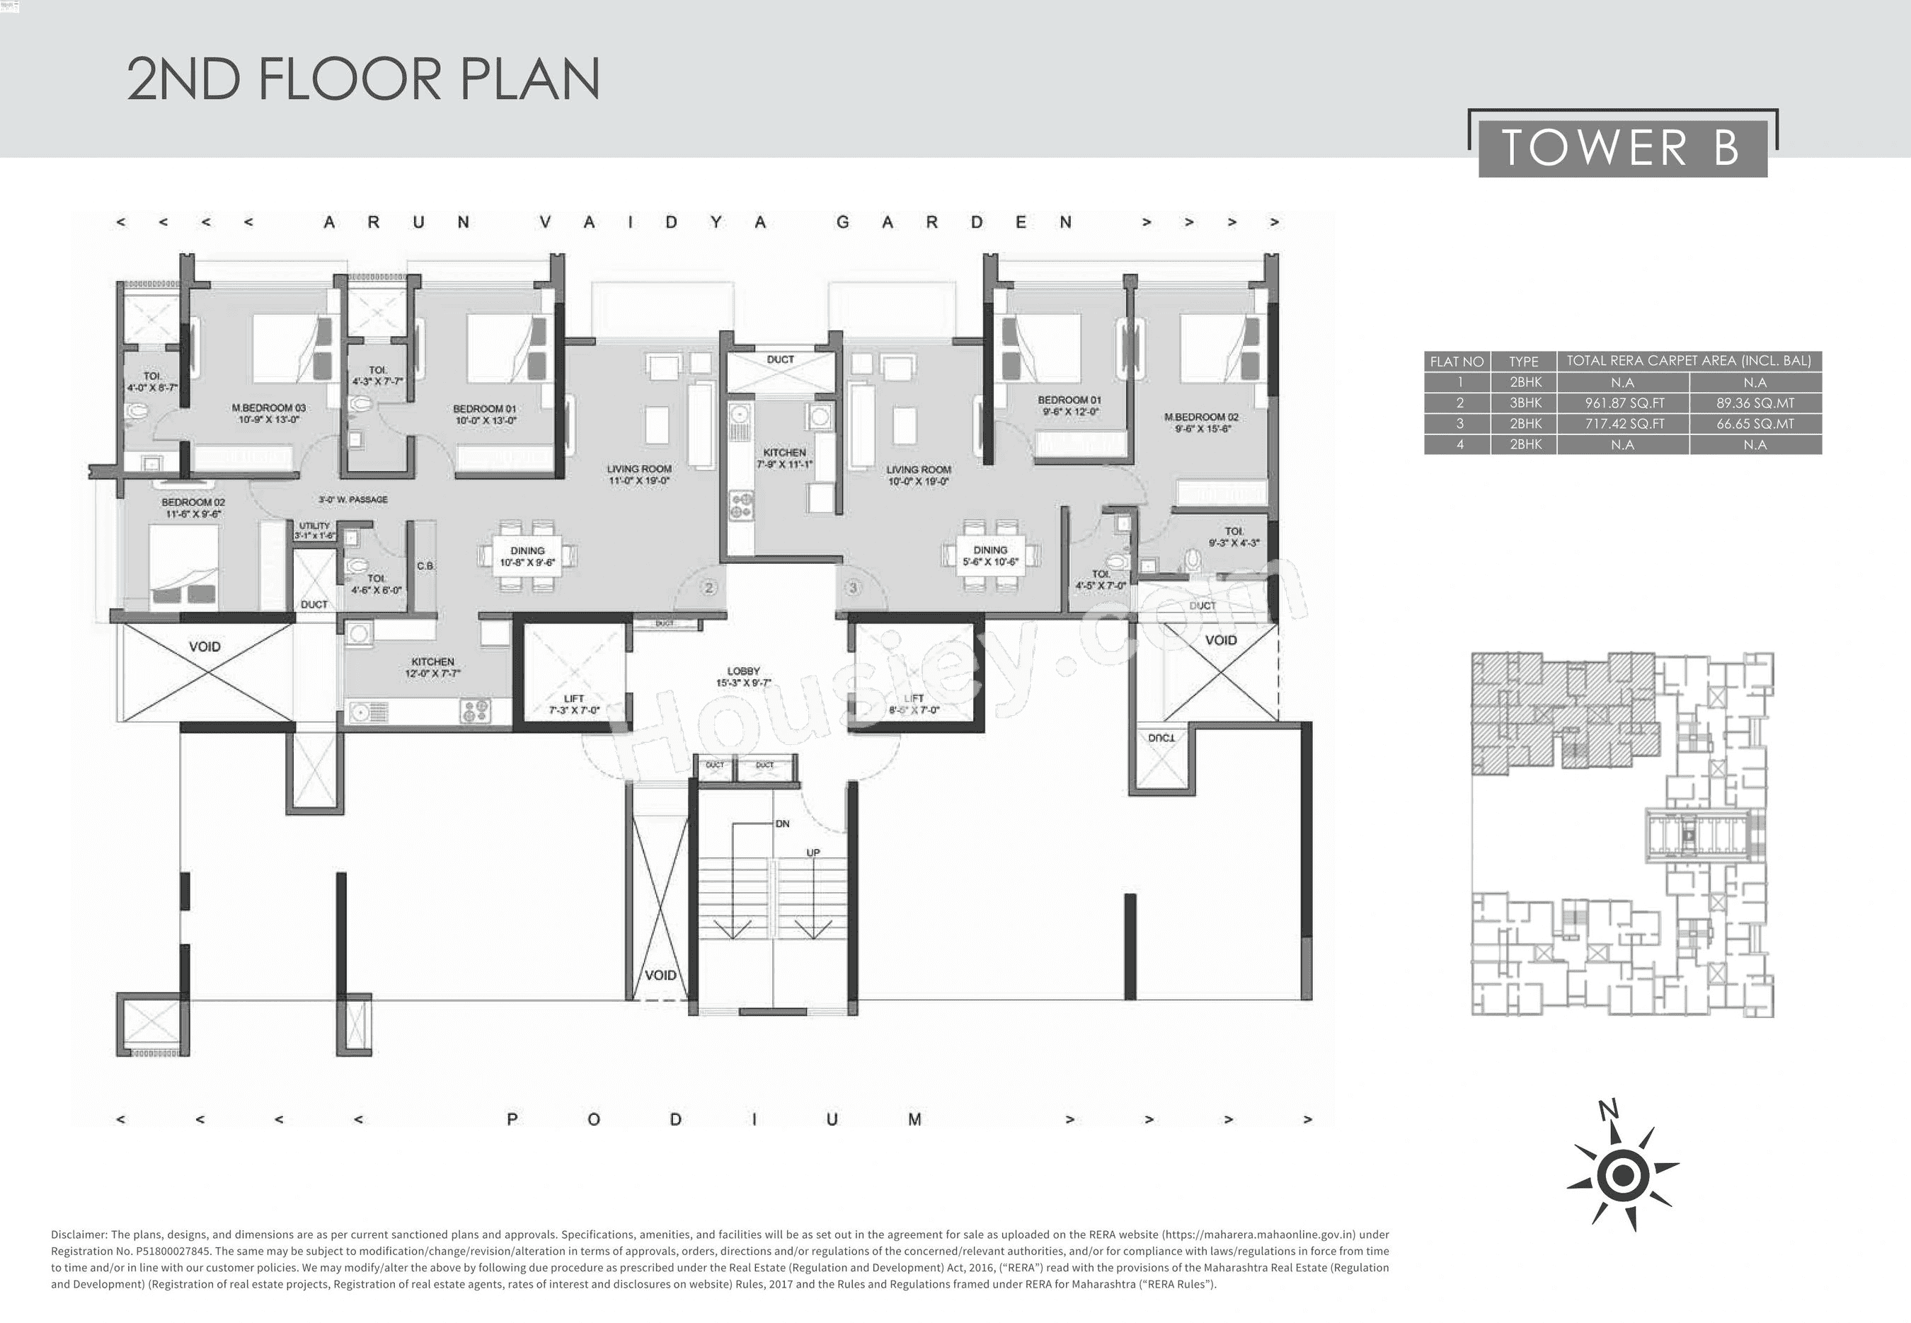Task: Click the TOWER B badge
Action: pos(1622,149)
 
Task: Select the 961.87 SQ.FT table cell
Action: pos(1622,403)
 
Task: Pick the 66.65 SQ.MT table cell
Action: pos(1755,424)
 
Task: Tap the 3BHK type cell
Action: pos(1524,403)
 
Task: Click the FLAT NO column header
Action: pos(1457,362)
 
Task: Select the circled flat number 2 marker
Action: pos(708,588)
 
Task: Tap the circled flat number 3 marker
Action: pos(853,588)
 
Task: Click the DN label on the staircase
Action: pos(782,824)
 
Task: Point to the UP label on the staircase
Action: pos(813,852)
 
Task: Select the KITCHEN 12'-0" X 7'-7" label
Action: pos(432,667)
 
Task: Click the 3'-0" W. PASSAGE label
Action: pos(353,500)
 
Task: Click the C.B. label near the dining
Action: pos(425,566)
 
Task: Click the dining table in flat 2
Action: pos(527,556)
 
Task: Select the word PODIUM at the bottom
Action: pos(713,1120)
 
